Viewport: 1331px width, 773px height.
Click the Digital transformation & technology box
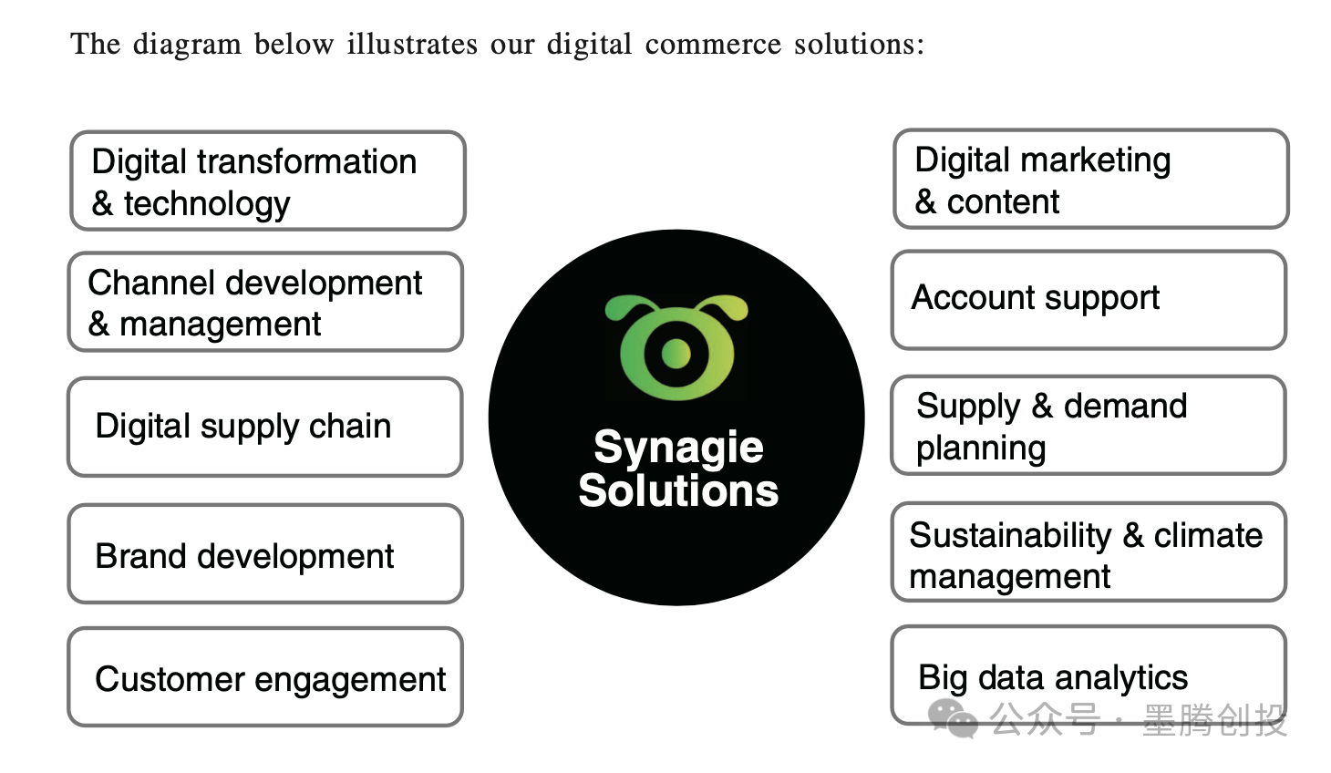(x=268, y=180)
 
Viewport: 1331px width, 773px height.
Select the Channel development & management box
(x=265, y=302)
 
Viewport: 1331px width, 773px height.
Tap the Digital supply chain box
(x=265, y=427)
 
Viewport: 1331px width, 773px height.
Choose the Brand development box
(x=265, y=554)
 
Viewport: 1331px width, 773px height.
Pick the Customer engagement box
(x=265, y=677)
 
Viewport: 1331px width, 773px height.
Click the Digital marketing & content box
(x=1090, y=179)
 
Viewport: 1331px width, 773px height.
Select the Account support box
(x=1089, y=299)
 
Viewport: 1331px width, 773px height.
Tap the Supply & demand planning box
(x=1089, y=425)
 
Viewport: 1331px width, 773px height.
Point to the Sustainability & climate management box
(x=1089, y=552)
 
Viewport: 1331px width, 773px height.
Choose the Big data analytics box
(x=1089, y=675)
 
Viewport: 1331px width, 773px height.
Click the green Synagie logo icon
(x=676, y=347)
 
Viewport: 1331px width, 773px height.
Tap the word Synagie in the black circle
(x=678, y=448)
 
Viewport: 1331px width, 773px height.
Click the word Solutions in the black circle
(x=678, y=490)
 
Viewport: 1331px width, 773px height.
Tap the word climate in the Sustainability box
(x=1208, y=535)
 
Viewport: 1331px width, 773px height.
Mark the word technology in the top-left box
(x=207, y=204)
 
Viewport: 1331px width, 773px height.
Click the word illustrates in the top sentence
(x=412, y=44)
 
